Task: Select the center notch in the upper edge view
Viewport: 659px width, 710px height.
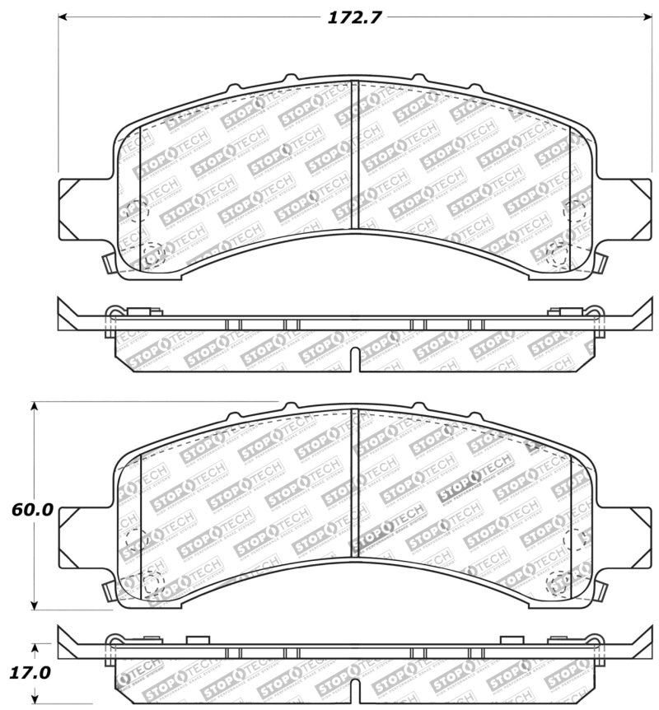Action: (x=353, y=357)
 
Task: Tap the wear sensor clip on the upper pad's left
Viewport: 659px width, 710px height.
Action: (x=106, y=264)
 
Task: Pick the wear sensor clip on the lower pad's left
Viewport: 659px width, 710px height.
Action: (x=106, y=591)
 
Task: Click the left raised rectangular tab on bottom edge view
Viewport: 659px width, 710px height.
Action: (x=199, y=639)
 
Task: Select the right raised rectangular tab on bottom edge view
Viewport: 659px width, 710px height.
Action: (x=512, y=639)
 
